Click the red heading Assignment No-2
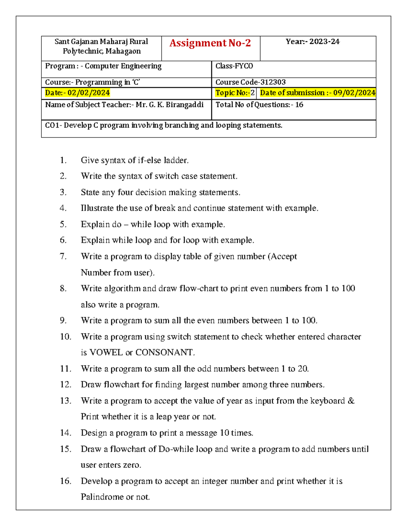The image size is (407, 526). point(210,43)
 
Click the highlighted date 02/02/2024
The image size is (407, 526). point(89,93)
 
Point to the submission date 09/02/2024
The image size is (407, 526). point(354,93)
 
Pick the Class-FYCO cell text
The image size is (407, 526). point(234,66)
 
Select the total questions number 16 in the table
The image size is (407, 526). point(299,105)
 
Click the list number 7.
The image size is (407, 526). point(63,256)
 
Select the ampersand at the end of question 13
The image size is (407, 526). point(351,401)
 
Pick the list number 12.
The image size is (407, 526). point(65,384)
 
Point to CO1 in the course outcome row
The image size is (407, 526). point(52,125)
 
